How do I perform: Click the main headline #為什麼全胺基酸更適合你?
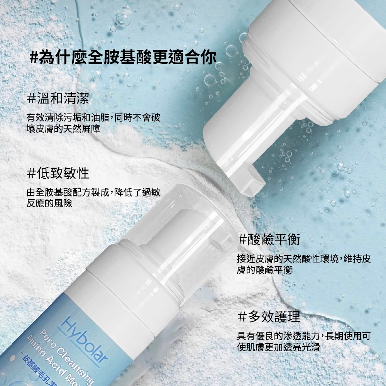pos(123,58)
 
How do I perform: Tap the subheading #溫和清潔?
pos(58,98)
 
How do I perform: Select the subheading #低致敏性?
pos(58,173)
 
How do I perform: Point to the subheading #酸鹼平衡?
pos(269,239)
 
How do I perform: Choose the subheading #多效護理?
pos(269,317)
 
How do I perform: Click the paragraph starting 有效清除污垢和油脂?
pos(93,123)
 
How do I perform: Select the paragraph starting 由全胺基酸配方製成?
pos(93,198)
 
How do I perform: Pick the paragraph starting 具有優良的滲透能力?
pos(304,342)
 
